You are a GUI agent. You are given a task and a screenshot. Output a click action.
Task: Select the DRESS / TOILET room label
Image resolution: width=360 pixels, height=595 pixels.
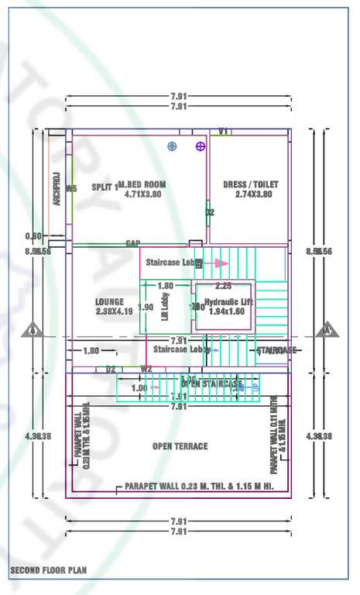250,184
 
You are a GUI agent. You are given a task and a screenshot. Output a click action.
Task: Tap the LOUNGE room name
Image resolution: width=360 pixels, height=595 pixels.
110,301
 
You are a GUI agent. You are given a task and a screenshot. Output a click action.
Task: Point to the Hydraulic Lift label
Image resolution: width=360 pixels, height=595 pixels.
228,301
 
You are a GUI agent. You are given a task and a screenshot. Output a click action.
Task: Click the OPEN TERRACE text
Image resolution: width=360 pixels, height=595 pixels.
180,446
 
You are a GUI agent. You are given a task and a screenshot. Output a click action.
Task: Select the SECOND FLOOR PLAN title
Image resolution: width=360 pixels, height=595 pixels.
48,570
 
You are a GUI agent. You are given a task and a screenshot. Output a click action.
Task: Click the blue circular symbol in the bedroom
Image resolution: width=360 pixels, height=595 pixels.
172,146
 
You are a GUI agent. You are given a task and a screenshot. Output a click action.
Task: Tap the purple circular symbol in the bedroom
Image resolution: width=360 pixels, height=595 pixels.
201,146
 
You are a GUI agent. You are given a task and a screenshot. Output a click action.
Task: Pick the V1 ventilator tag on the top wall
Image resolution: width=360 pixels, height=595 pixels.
224,132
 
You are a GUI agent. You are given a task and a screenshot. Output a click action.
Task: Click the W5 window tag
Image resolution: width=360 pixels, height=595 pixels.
71,188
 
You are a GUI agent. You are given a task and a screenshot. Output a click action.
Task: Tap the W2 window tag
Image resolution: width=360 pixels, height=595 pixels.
146,369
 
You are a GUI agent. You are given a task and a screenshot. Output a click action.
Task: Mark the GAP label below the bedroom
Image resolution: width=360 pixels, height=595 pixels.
133,243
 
